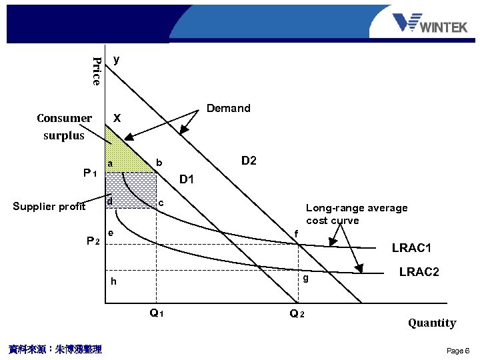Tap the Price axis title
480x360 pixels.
tap(97, 71)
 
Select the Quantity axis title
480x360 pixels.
tap(432, 323)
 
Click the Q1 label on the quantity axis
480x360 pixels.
tap(157, 313)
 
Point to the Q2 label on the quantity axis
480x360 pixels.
tap(297, 314)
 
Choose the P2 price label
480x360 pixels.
tap(93, 240)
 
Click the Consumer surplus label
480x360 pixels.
tap(64, 127)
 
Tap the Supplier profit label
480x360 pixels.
tap(49, 206)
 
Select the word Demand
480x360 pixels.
tap(229, 108)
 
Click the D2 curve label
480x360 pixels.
tap(249, 161)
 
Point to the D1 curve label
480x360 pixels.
tap(187, 179)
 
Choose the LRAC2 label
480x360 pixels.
tap(419, 271)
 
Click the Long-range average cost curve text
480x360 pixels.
tap(356, 214)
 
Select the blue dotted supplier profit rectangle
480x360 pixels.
tap(131, 189)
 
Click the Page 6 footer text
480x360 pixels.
tap(458, 351)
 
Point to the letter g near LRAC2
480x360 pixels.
tap(305, 279)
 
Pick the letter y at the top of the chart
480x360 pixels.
tap(117, 59)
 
